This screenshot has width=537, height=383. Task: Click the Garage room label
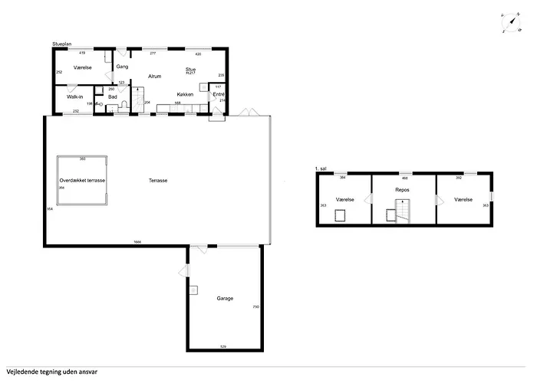click(x=225, y=298)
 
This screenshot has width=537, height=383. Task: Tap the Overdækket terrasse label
click(x=81, y=180)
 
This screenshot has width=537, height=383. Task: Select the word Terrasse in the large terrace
click(x=159, y=180)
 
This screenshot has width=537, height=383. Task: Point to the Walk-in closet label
click(x=74, y=97)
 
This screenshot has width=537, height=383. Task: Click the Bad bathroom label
click(x=113, y=97)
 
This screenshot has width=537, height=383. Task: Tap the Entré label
click(x=219, y=94)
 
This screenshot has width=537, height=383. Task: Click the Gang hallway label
click(x=121, y=67)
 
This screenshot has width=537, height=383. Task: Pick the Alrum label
click(x=154, y=76)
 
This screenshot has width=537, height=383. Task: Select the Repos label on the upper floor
click(x=401, y=188)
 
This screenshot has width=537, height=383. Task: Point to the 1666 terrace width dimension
click(x=137, y=242)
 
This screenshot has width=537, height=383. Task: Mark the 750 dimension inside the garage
click(x=256, y=307)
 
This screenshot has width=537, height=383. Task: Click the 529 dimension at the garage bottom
click(x=223, y=347)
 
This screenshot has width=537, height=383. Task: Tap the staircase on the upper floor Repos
click(x=403, y=210)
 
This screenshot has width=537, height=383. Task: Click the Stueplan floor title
click(x=61, y=45)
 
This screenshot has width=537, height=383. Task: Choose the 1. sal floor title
click(x=321, y=168)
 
